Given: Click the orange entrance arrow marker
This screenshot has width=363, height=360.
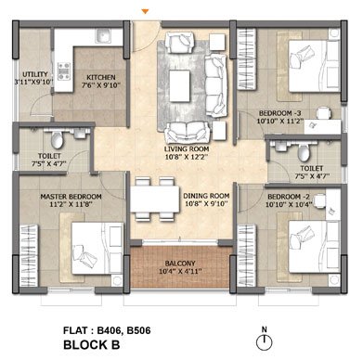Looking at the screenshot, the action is tap(145, 12).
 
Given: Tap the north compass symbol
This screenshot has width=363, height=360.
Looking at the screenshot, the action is tap(264, 342).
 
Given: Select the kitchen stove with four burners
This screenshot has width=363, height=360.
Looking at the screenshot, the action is tap(64, 71).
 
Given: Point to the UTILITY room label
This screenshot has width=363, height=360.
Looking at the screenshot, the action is tap(35, 74).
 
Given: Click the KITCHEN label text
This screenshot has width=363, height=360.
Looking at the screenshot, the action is tap(101, 77).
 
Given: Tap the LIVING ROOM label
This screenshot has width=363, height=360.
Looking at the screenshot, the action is tap(187, 149).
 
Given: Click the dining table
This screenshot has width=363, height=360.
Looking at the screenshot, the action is tap(155, 199).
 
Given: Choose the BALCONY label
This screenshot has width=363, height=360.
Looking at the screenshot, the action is tap(180, 264).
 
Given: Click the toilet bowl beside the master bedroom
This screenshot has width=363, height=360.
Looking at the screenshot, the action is tap(57, 139).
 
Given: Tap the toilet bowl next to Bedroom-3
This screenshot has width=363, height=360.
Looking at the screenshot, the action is tap(304, 152).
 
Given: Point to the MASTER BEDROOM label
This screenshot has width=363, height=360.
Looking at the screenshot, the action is tap(71, 197).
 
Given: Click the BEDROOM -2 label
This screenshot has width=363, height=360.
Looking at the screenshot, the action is tap(289, 197).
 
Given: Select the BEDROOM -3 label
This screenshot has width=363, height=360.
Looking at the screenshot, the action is tap(279, 113).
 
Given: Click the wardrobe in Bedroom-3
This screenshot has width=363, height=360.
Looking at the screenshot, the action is tap(247, 58).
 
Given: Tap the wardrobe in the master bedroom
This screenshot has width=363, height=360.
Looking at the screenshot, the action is tap(29, 256).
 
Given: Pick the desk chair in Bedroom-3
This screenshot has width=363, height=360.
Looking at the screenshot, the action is tap(324, 113).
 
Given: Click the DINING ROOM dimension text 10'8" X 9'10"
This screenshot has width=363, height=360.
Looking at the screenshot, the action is tap(206, 204).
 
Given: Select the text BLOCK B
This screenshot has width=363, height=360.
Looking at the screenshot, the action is tap(92, 344).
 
